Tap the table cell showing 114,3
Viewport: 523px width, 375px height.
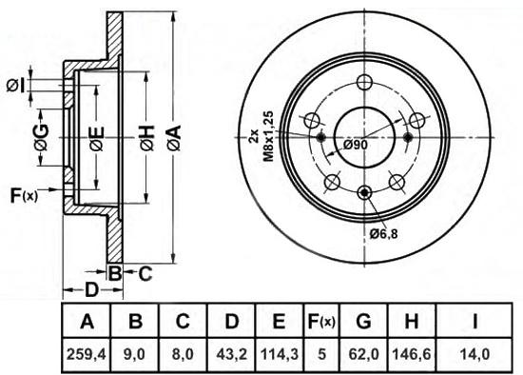pos(281,353)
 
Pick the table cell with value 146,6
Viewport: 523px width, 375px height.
pos(415,353)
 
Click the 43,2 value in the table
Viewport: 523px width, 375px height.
pos(231,353)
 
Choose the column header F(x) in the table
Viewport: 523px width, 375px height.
pos(321,322)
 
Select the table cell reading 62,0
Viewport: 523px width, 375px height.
pos(363,353)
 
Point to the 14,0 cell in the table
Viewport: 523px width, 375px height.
pos(475,353)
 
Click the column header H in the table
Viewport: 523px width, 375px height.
pos(415,322)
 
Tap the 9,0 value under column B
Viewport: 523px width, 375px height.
pos(135,353)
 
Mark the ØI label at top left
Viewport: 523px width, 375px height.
pos(16,87)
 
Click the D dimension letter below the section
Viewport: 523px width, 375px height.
pos(92,289)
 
